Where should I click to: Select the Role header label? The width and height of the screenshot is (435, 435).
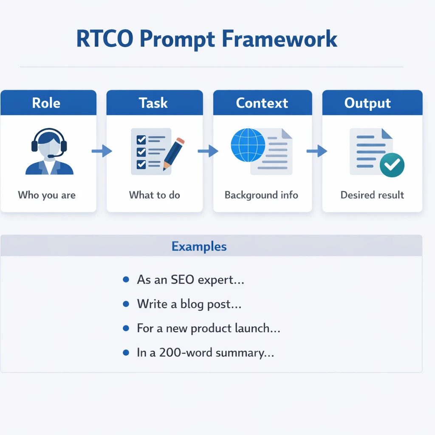click(46, 103)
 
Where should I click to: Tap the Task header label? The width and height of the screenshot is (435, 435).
click(153, 103)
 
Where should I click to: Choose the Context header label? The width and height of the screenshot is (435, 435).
click(262, 103)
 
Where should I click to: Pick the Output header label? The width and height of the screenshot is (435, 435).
click(367, 103)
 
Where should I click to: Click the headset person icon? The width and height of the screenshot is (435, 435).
click(49, 152)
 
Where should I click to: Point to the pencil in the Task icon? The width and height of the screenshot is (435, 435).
click(172, 153)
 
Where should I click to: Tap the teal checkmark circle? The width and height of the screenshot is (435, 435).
click(392, 165)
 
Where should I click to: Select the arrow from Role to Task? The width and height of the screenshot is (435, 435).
click(102, 151)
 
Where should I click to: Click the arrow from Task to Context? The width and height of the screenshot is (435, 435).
click(208, 151)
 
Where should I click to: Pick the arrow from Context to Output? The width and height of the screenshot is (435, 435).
click(317, 151)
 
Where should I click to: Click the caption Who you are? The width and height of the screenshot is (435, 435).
click(47, 195)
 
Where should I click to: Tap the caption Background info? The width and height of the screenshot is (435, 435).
click(261, 195)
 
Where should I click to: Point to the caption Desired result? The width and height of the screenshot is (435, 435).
click(372, 195)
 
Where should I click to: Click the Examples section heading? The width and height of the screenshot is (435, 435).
click(199, 246)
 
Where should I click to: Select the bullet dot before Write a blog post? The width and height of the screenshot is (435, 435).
click(126, 304)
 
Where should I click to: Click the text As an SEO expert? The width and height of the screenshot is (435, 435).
click(190, 280)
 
